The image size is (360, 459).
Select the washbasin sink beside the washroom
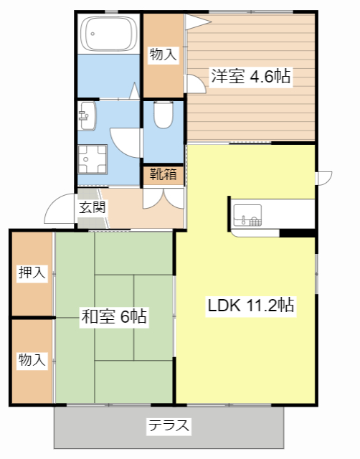[x=88, y=114]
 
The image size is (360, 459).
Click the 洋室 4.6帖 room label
[x=250, y=77]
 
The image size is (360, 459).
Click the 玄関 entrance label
[x=93, y=208]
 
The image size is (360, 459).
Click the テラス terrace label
[x=169, y=426]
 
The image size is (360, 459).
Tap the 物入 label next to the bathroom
[x=163, y=54]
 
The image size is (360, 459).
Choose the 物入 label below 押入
[x=32, y=359]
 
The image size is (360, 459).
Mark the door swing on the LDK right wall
[x=323, y=176]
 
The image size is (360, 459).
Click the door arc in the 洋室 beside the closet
[x=195, y=83]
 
